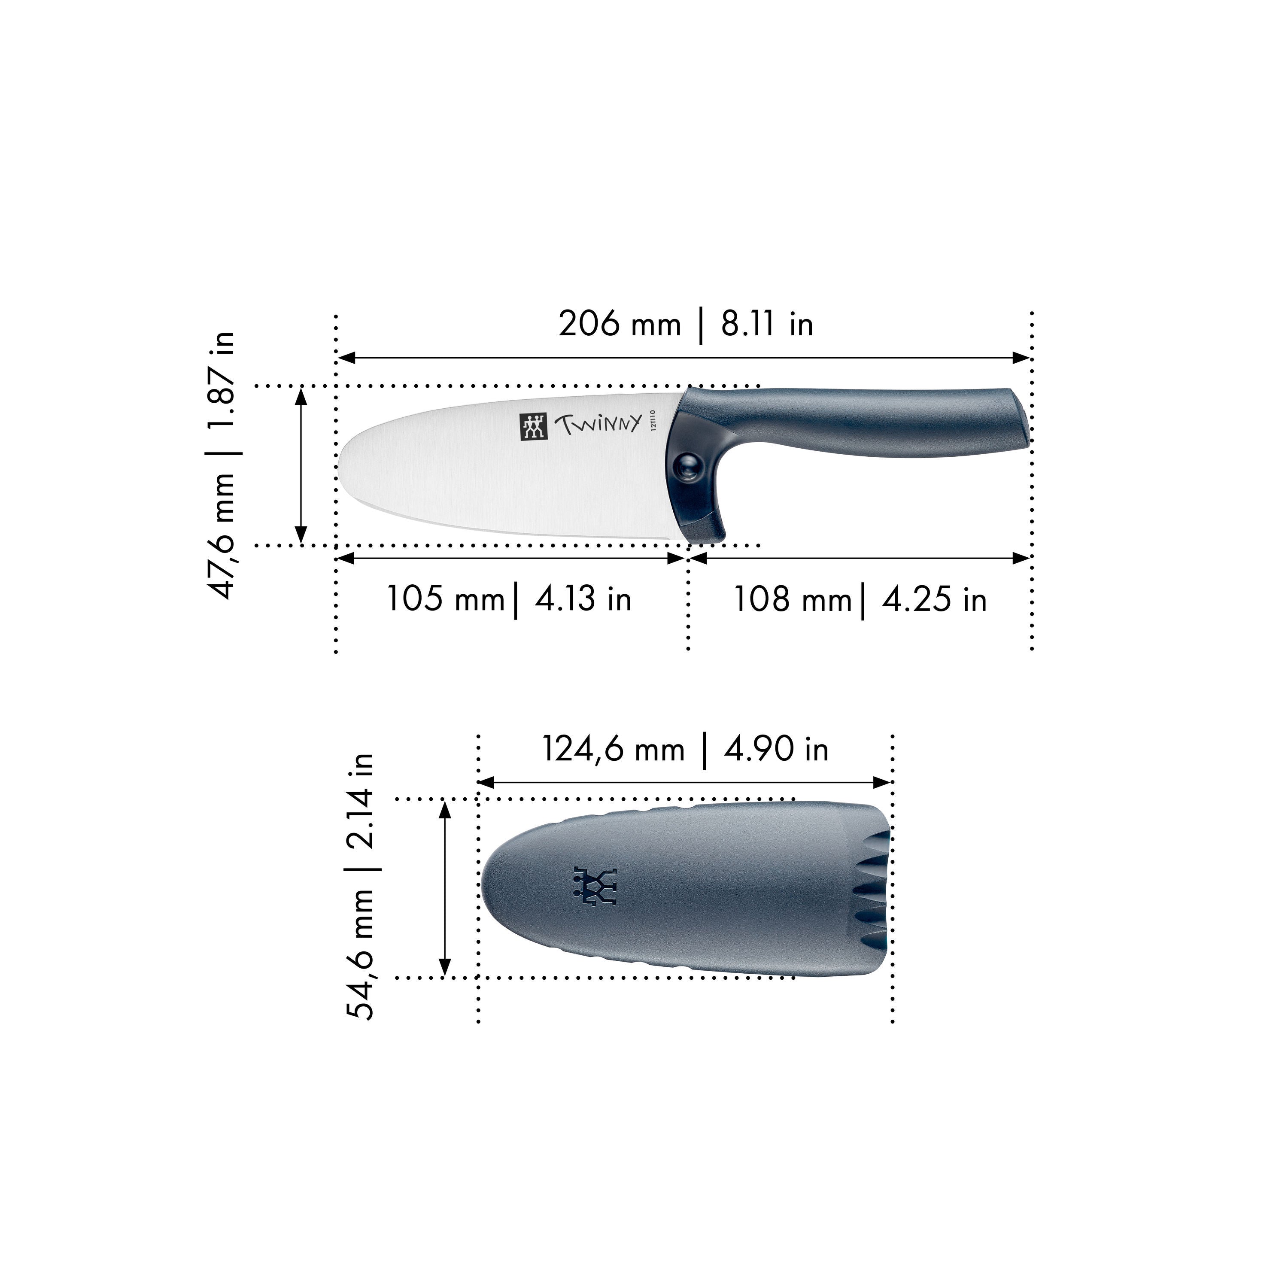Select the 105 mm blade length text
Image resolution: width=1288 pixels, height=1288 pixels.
tap(445, 598)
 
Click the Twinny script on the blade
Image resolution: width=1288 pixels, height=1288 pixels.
tap(598, 424)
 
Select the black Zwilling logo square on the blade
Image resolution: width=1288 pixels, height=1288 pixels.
tap(533, 427)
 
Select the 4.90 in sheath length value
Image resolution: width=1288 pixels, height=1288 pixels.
tap(776, 749)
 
